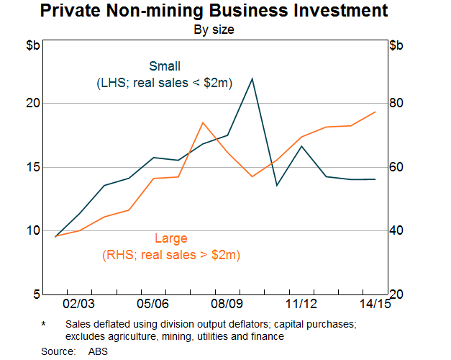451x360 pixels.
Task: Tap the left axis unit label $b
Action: point(33,47)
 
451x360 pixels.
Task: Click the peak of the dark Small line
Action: point(252,78)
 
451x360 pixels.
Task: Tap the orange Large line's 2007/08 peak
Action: point(203,122)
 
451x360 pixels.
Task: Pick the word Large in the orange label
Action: point(171,239)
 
